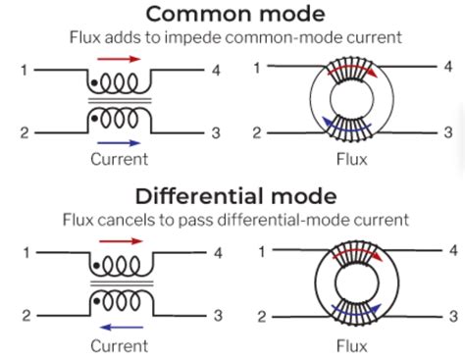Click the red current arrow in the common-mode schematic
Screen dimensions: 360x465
[x=120, y=59]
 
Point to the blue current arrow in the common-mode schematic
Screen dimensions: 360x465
[x=120, y=140]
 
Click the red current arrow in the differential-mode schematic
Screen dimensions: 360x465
[x=120, y=244]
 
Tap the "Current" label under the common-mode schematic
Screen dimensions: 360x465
[x=119, y=157]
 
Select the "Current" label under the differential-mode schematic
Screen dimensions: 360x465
[x=119, y=345]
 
